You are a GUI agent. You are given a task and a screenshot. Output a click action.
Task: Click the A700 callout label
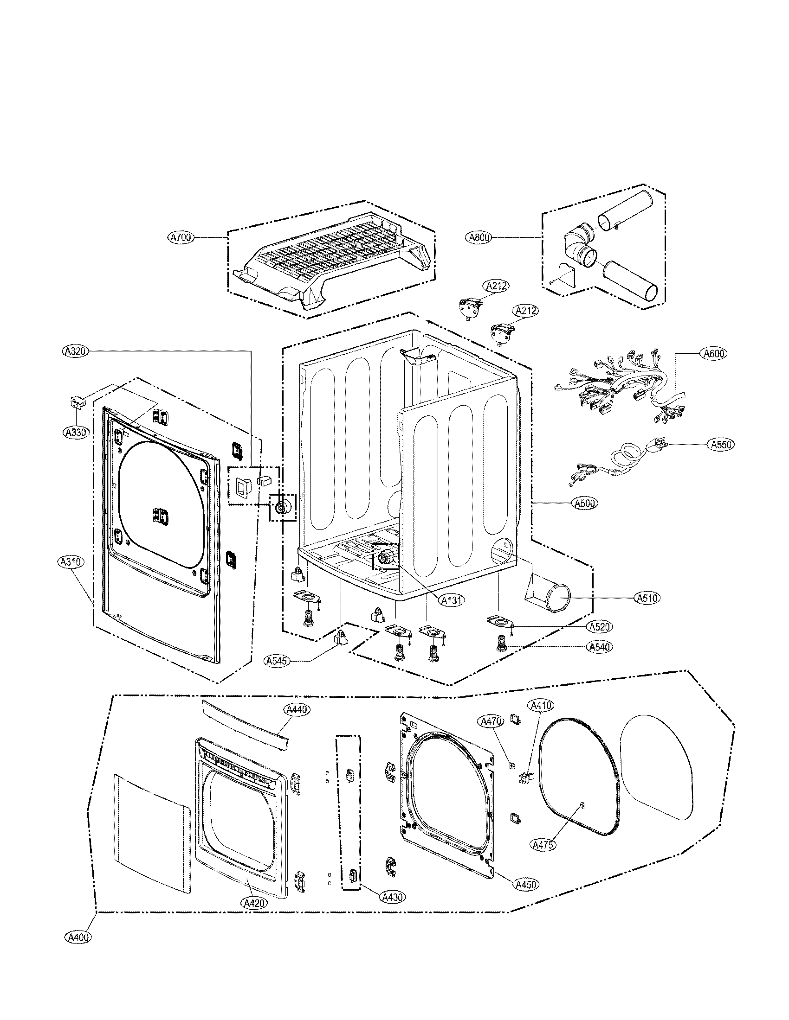point(181,238)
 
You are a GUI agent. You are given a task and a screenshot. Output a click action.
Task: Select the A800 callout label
point(479,238)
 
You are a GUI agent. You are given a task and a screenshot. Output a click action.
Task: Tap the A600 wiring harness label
point(714,354)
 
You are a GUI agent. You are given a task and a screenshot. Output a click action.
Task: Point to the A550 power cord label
point(720,444)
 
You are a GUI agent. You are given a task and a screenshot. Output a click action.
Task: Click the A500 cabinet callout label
point(585,503)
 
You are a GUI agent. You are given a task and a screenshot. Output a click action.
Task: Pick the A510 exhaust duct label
point(647,597)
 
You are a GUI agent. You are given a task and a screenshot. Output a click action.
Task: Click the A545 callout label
point(277,661)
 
